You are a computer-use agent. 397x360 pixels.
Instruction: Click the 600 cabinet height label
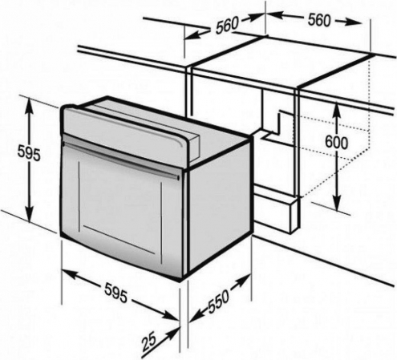337,143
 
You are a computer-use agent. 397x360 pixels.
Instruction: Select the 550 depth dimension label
219,301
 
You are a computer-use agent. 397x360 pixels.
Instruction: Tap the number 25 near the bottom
148,342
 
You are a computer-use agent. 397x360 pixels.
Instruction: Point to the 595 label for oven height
29,154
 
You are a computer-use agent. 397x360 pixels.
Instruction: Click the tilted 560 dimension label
227,26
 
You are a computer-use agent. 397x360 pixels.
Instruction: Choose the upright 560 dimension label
319,20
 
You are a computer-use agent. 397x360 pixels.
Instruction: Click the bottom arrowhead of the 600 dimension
337,204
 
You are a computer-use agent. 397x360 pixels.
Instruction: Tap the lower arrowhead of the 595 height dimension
30,213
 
